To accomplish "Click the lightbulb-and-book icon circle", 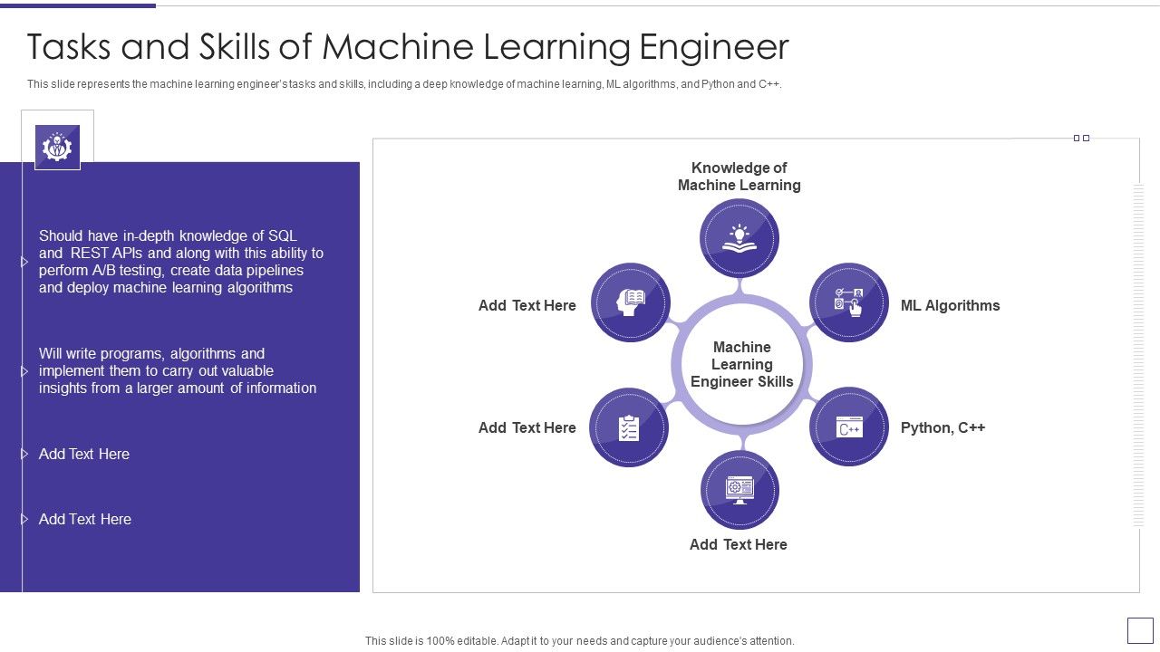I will pos(739,238).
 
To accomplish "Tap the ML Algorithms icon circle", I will pos(849,302).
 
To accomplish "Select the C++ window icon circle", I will pos(849,427).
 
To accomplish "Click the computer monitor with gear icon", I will pos(739,490).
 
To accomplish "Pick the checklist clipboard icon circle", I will pos(629,427).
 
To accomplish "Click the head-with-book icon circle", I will pos(631,302).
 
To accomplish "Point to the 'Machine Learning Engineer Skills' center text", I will pos(741,364).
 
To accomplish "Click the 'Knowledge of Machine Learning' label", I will pos(739,177).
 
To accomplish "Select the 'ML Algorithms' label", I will pos(950,305).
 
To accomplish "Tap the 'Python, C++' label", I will pos(942,427).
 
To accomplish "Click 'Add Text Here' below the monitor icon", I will pos(738,544).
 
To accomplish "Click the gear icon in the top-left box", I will pos(57,146).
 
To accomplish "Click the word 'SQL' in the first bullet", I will pos(282,235).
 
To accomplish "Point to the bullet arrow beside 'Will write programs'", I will pos(24,371).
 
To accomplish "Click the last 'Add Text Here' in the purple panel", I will pos(85,519).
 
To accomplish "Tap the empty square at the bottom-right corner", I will pos(1139,630).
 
